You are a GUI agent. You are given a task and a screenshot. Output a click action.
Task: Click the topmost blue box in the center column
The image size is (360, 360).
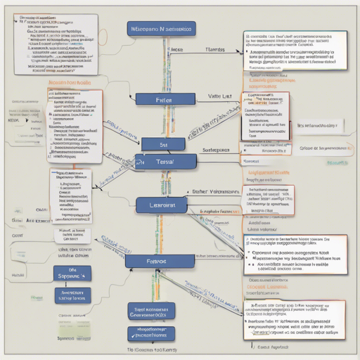162,29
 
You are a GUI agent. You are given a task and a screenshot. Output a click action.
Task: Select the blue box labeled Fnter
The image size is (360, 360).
162,101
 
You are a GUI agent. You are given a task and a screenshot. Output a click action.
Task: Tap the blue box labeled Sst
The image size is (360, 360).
162,143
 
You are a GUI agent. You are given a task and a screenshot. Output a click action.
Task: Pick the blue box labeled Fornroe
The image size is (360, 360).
158,261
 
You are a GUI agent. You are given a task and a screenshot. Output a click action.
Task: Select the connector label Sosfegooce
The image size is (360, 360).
217,150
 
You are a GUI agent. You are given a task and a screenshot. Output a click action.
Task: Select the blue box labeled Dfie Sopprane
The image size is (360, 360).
73,272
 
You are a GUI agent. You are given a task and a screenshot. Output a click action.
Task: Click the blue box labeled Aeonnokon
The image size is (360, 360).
73,295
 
